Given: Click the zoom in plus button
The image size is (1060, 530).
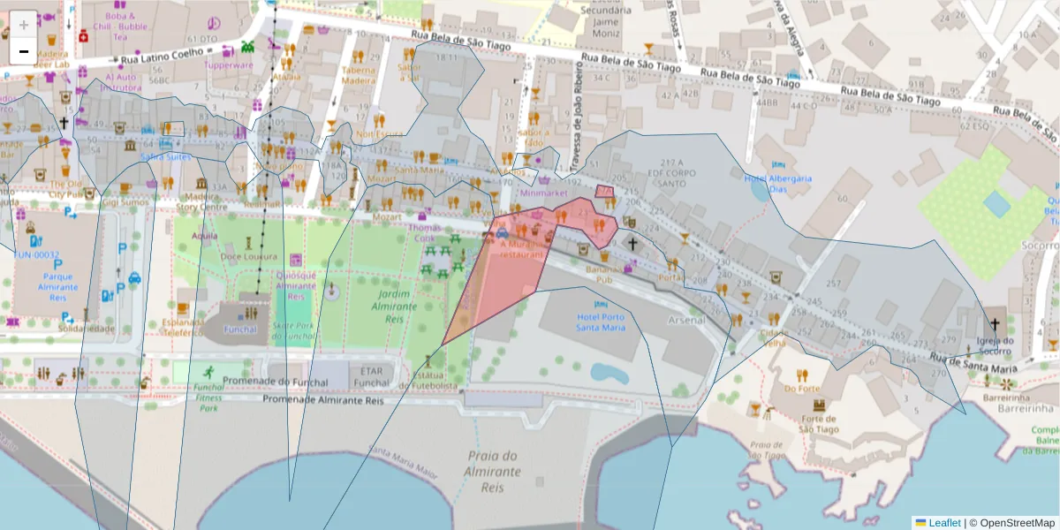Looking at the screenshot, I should tap(24, 24).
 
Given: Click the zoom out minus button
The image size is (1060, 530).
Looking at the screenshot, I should tap(24, 51).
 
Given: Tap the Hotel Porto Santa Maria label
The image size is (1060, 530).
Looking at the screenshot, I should tap(601, 322).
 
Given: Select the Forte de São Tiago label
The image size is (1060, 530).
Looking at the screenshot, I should tap(818, 424).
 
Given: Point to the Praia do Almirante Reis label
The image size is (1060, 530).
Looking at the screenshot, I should tap(492, 472).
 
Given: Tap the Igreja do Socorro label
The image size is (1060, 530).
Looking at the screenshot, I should tap(996, 345).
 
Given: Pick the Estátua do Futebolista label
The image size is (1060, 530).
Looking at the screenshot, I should tap(428, 380).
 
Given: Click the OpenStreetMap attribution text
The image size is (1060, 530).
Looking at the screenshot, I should tap(1012, 522).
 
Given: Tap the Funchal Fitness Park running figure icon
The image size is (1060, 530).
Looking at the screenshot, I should tap(209, 372).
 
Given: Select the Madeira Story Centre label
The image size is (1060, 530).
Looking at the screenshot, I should tap(201, 202).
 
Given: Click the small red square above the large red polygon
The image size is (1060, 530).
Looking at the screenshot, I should tap(605, 192).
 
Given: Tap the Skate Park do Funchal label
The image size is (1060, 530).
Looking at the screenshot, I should tap(294, 330).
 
